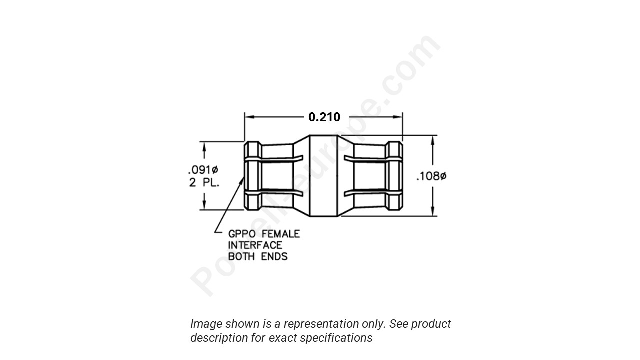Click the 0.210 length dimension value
324,117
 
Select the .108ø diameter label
431,176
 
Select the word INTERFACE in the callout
255,245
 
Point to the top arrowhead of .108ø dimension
433,140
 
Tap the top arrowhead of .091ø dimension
204,146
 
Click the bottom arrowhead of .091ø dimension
204,205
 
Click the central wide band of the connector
323,176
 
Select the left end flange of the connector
253,176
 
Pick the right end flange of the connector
394,176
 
